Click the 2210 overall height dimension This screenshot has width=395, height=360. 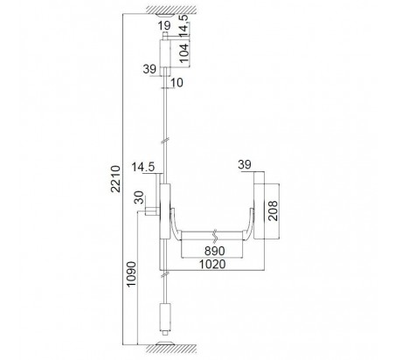[x=116, y=179]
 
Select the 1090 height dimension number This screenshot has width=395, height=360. [x=131, y=274]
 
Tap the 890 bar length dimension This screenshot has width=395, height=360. [x=215, y=251]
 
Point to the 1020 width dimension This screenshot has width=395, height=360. [x=212, y=265]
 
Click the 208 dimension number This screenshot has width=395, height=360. [x=273, y=211]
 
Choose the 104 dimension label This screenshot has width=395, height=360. [x=184, y=52]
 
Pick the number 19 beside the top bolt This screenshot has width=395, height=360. [x=164, y=25]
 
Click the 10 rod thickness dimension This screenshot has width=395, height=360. [x=177, y=82]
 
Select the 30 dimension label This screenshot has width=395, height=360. [x=140, y=197]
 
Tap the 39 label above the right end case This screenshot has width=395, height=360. [x=245, y=164]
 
